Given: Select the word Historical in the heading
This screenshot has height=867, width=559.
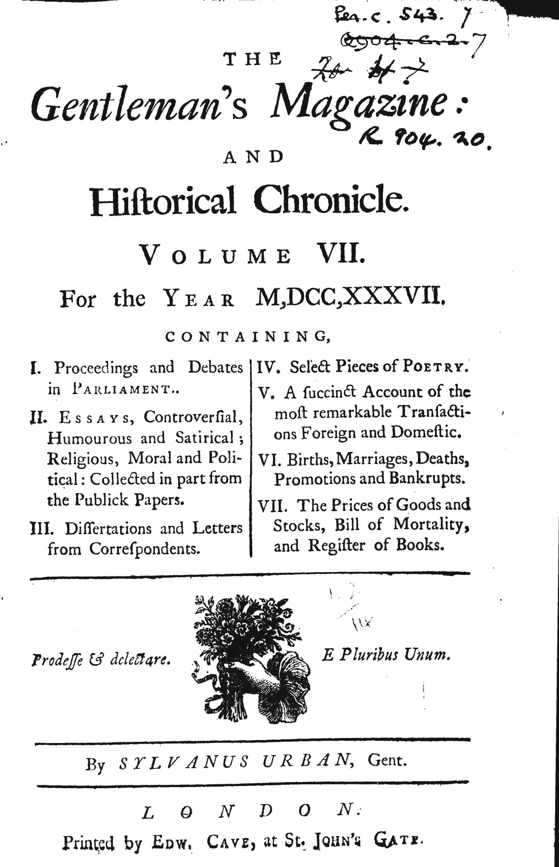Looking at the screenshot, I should tap(164, 201).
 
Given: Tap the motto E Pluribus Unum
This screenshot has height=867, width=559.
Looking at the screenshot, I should tap(386, 655).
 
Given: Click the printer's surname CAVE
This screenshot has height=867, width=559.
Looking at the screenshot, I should tap(229, 842).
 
